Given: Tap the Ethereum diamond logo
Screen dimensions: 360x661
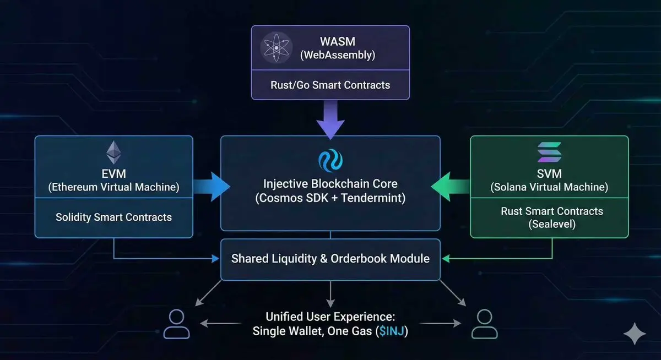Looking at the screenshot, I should click(x=113, y=152).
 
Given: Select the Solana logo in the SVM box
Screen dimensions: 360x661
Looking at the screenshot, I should click(x=549, y=152).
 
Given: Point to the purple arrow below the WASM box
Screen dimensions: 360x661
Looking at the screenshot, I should click(x=330, y=121).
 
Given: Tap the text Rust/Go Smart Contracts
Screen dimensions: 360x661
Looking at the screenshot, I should click(x=330, y=85).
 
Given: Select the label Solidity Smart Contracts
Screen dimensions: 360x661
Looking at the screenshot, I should click(x=113, y=217).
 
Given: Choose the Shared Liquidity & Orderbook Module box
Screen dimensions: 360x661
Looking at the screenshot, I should click(x=330, y=259).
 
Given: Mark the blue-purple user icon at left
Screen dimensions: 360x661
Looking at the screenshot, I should click(x=176, y=324).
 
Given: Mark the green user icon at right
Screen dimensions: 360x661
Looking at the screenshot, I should click(x=484, y=324).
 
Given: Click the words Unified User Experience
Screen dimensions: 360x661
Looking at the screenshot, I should click(x=330, y=317).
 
